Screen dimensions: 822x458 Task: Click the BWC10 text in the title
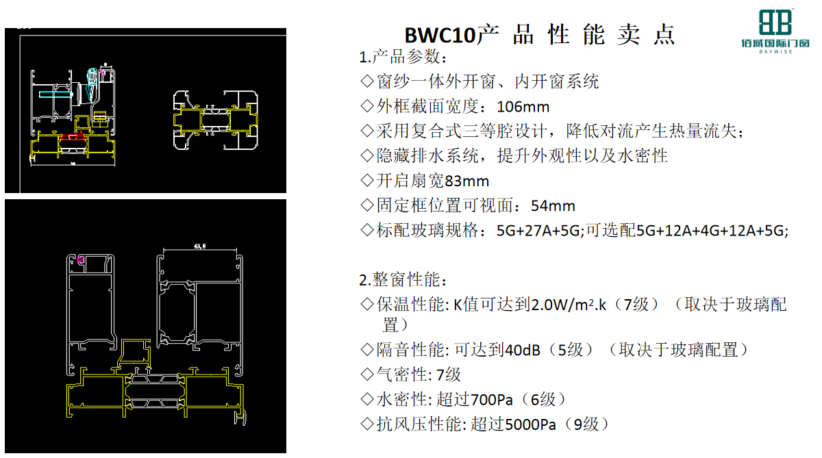coord(440,36)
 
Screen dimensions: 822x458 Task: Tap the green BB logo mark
coord(775,22)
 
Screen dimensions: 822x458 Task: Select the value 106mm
coord(523,107)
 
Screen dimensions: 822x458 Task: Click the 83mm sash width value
coord(466,181)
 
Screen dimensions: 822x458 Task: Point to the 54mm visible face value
coord(553,206)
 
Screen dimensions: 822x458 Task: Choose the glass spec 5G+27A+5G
coord(538,231)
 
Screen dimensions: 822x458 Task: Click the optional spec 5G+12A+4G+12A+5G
coord(711,231)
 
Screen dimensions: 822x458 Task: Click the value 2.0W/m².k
coord(569,305)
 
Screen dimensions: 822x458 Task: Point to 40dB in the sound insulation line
coord(523,351)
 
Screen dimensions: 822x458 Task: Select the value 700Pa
coord(491,400)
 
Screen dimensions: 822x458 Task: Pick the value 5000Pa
coord(530,424)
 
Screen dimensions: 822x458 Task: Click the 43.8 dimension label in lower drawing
coord(199,246)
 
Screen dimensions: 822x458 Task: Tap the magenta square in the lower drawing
coord(80,260)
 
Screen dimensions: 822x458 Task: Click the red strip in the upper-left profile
coord(73,137)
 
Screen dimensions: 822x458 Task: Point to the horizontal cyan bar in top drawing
coord(55,94)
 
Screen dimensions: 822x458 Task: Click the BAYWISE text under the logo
coord(775,52)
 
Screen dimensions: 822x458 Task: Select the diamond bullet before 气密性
coord(367,374)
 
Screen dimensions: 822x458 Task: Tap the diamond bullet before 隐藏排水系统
coord(367,155)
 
